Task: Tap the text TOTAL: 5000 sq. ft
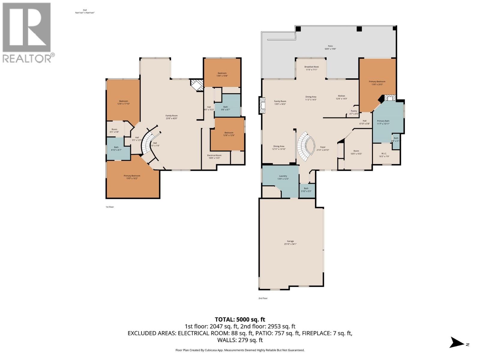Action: [x=240, y=319]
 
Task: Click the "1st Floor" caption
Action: [x=109, y=207]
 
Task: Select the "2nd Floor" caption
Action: [x=263, y=298]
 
